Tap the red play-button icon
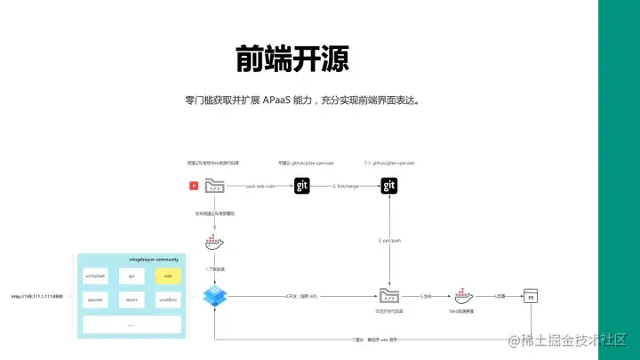(193, 186)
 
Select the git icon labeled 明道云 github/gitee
(303, 186)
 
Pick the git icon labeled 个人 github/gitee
(389, 186)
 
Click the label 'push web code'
(260, 186)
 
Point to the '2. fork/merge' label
(346, 186)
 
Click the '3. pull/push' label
(388, 241)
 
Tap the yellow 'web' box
(167, 276)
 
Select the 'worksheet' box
(95, 276)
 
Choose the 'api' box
(131, 276)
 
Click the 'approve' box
(95, 300)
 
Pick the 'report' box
(131, 300)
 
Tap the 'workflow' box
(167, 300)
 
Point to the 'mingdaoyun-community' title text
(131, 260)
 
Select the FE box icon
(531, 296)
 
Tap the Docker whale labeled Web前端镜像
(463, 295)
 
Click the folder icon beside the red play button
(213, 186)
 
